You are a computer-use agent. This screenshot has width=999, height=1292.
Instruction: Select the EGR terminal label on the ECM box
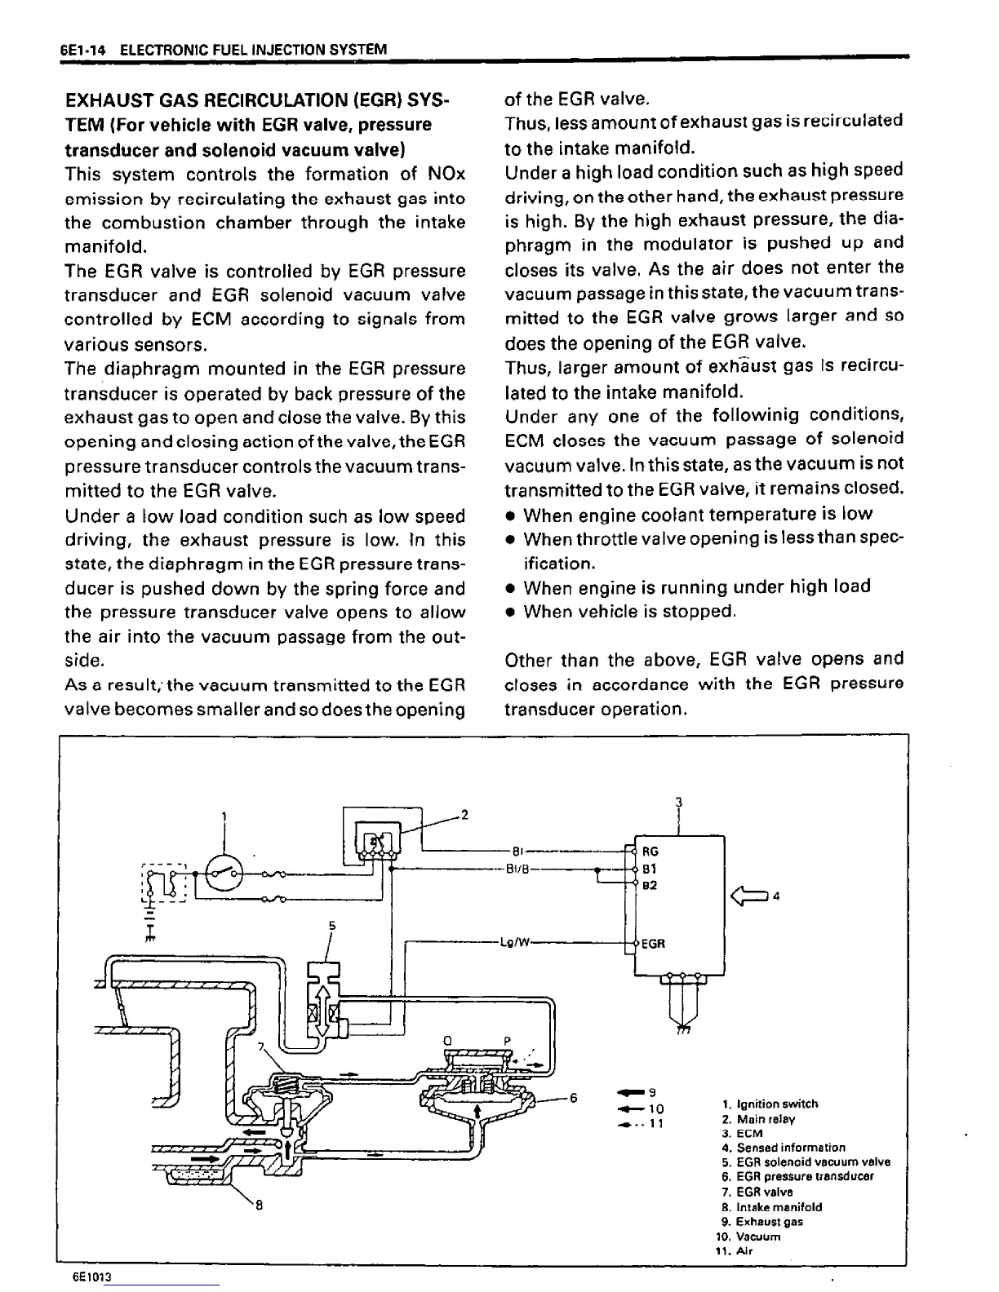[x=654, y=944]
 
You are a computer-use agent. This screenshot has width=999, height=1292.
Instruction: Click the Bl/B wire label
[x=518, y=869]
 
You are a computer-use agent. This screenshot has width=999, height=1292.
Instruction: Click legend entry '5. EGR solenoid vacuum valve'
[x=806, y=1161]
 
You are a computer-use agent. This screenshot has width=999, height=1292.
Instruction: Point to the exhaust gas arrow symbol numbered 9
[x=629, y=1092]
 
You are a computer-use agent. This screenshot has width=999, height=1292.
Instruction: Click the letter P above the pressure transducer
[x=507, y=1041]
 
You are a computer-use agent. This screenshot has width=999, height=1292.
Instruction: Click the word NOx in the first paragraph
[x=446, y=174]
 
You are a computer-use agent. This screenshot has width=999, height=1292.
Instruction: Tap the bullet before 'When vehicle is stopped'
[x=510, y=612]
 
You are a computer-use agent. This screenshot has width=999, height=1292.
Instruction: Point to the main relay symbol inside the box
[x=378, y=840]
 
